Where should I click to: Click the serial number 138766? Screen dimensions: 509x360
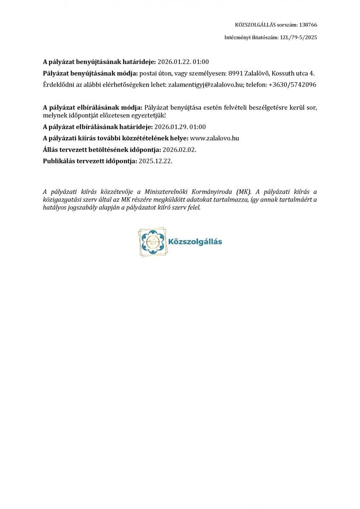(308, 25)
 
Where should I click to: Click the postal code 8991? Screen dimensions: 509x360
(235, 73)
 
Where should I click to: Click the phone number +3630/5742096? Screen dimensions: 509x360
(293, 84)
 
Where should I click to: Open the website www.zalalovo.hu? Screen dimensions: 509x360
(212, 138)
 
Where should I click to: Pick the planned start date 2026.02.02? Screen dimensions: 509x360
(179, 149)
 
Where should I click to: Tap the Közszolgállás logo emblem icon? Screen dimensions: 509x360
(152, 242)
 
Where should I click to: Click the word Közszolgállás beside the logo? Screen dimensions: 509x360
(195, 242)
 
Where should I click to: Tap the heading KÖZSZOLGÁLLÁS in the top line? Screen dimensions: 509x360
(252, 25)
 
